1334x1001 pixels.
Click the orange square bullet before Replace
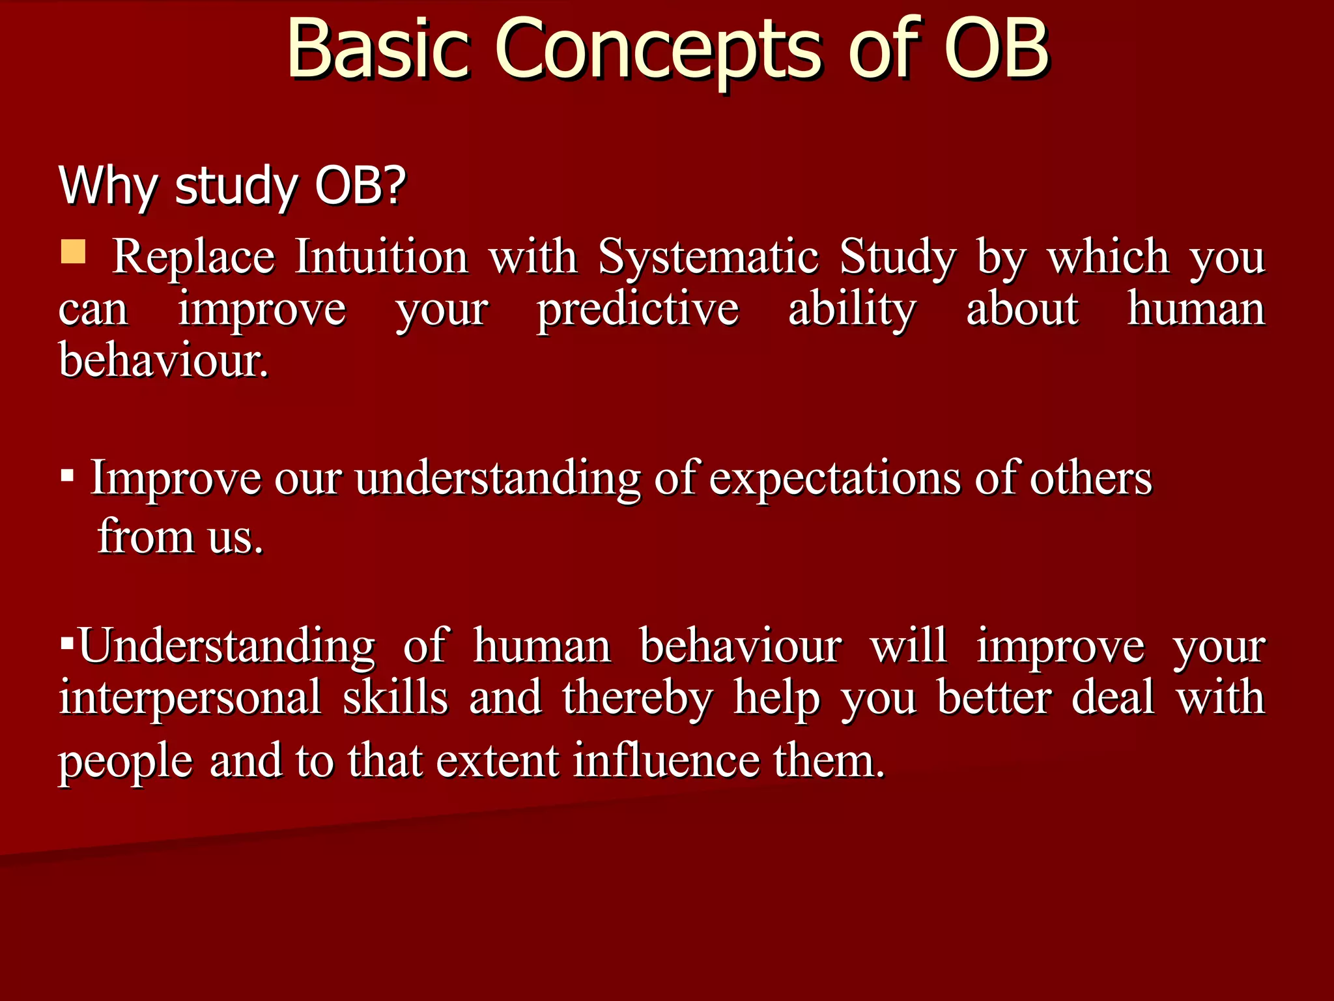coord(73,252)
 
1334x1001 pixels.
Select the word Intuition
coord(381,257)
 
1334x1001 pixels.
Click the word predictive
coord(638,310)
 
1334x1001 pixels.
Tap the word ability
coord(852,310)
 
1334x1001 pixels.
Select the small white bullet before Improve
coord(67,476)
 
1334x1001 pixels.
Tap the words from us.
coord(180,537)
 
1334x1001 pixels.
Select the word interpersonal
coord(190,698)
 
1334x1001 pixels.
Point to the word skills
coord(395,698)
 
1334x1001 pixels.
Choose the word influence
coord(666,761)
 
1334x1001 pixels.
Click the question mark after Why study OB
coord(393,186)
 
